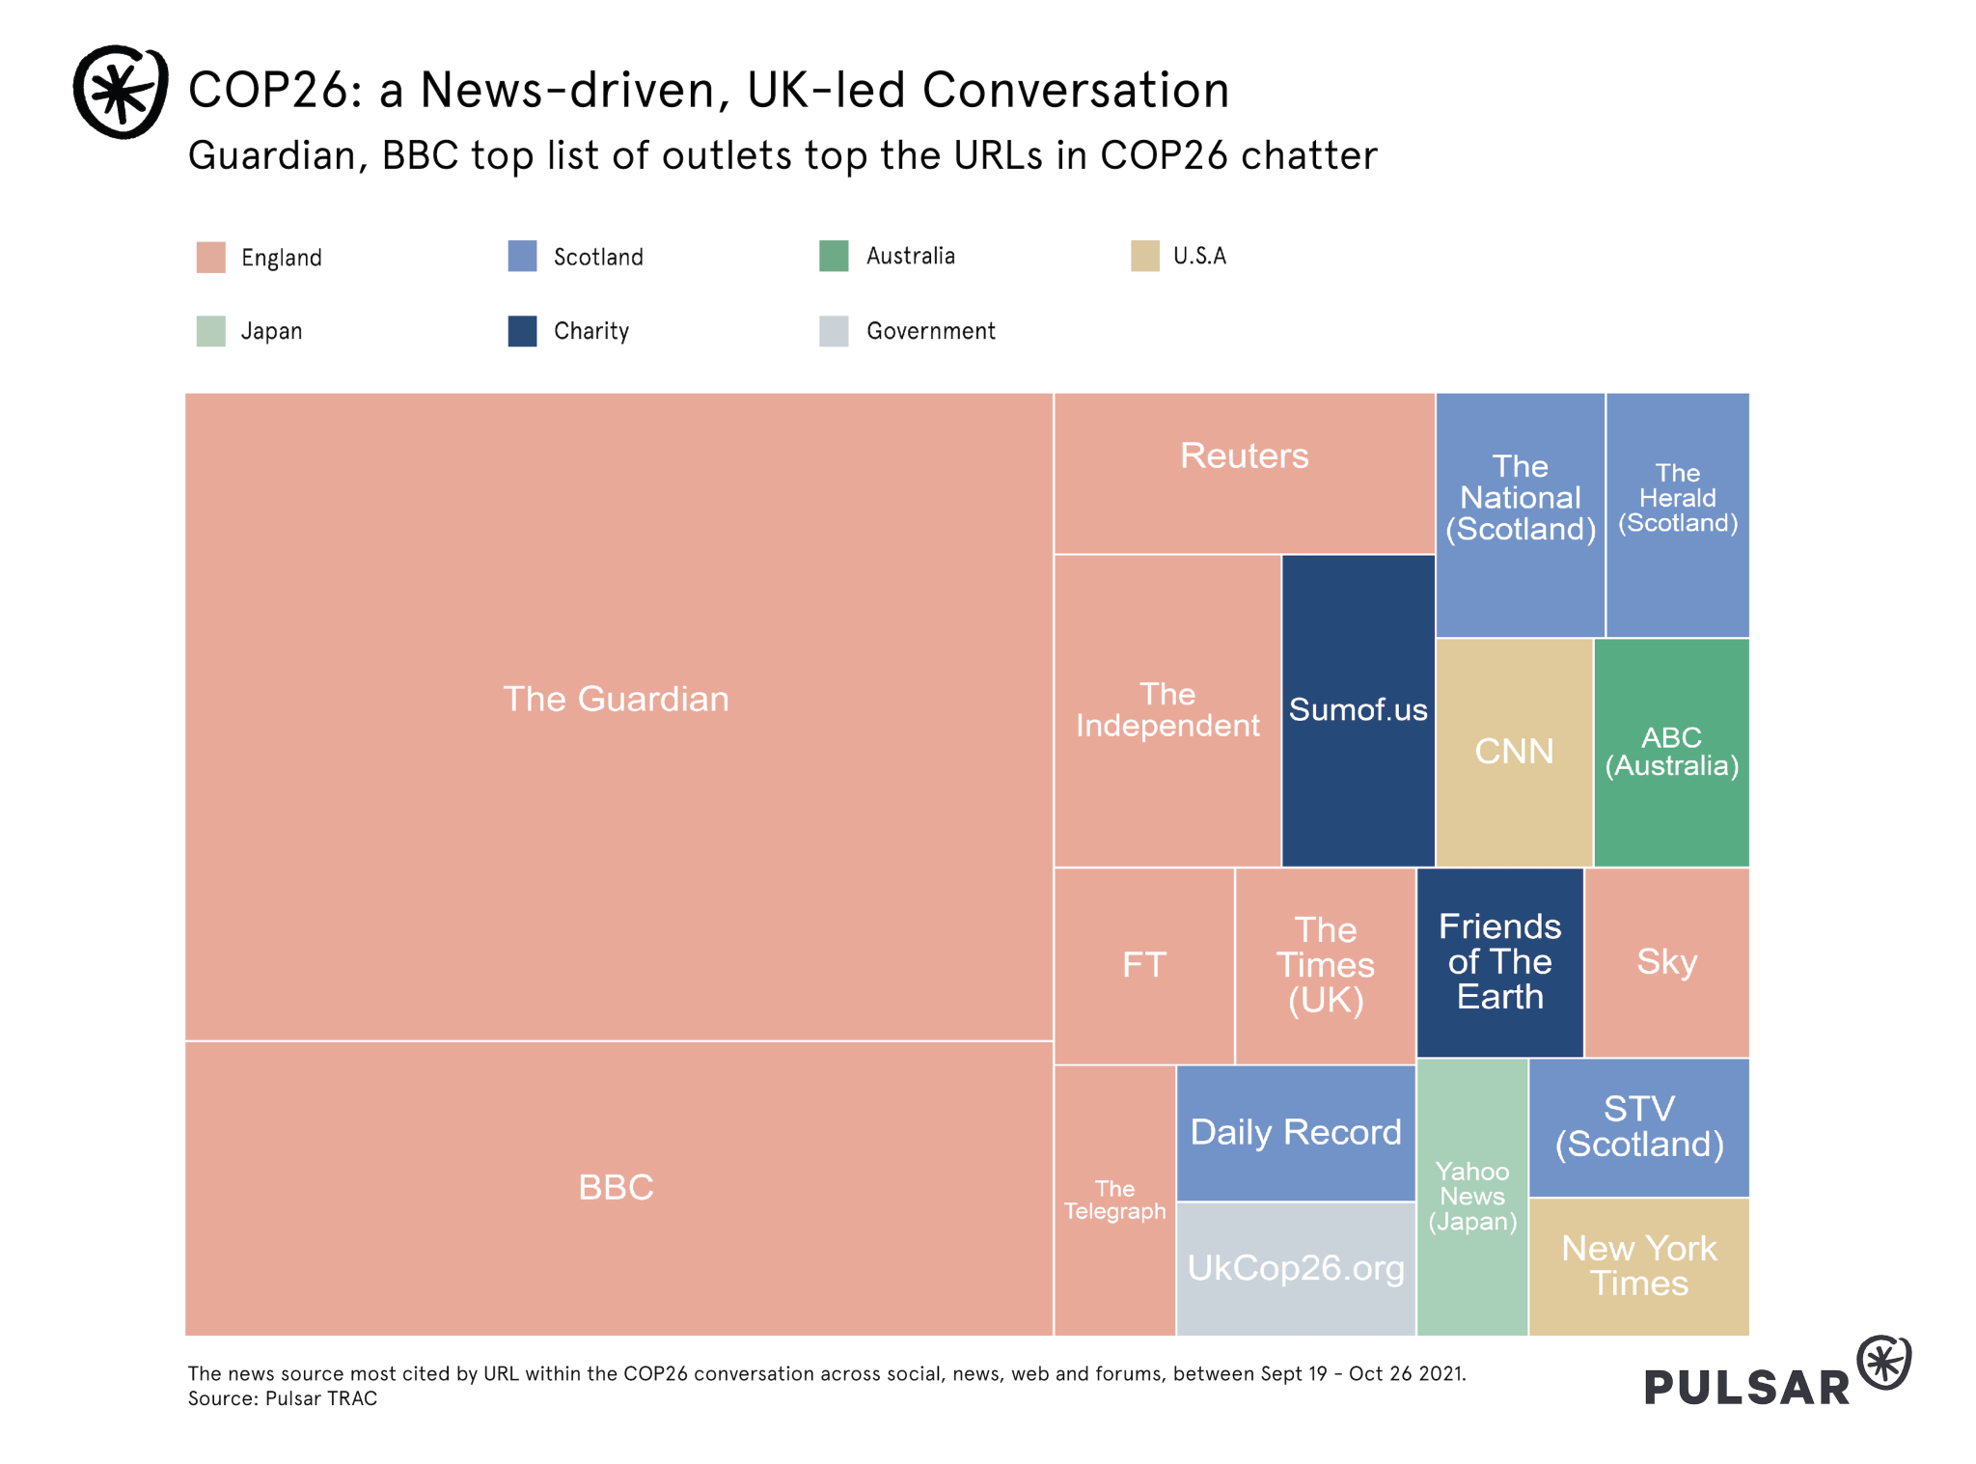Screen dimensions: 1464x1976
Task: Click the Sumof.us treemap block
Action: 1358,710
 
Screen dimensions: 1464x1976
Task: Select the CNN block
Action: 1514,752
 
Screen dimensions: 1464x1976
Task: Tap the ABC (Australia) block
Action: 1671,752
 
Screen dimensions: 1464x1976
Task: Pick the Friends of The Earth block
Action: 1499,962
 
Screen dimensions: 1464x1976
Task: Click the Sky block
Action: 1666,962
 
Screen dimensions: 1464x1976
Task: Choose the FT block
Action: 1144,965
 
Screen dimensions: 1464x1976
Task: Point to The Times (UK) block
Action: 1326,965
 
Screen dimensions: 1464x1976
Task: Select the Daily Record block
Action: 1296,1132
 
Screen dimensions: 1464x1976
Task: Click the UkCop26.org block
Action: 1296,1268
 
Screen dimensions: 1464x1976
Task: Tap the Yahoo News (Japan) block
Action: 1472,1197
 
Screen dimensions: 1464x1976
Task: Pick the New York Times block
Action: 1638,1266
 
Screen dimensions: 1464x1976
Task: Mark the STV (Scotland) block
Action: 1638,1127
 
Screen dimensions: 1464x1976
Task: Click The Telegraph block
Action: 1114,1200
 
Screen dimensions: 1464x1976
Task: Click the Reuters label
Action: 1245,456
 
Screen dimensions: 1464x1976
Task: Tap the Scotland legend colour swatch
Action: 522,257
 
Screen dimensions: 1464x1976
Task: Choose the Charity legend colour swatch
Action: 522,331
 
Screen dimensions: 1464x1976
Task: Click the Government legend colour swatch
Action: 834,331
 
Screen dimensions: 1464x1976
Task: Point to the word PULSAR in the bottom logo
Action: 1746,1388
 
